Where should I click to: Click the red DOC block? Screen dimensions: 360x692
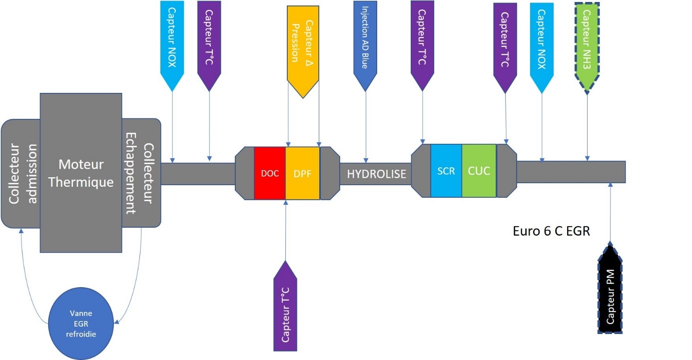tap(270, 173)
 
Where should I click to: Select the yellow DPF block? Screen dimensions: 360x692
tap(302, 173)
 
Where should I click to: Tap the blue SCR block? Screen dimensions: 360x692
tap(446, 170)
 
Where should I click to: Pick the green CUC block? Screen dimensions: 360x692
tap(479, 170)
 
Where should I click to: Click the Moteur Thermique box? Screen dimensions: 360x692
tap(81, 172)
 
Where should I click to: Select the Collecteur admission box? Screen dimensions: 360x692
tap(20, 174)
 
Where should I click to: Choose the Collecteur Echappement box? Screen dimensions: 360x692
tap(141, 172)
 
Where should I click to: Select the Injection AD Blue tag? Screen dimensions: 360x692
tap(366, 42)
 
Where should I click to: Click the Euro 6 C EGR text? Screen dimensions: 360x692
tap(552, 232)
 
